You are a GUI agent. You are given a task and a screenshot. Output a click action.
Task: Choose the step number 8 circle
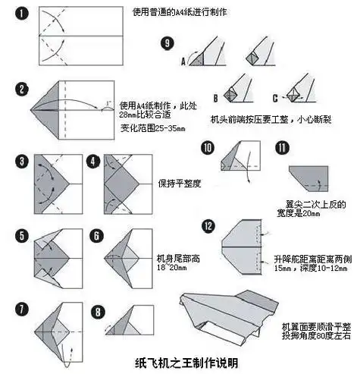(x=97, y=310)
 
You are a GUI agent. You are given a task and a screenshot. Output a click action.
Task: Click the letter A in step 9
(x=183, y=64)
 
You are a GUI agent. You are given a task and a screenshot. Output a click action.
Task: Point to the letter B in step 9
(x=215, y=97)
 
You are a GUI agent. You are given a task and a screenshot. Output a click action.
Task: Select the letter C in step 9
(x=274, y=97)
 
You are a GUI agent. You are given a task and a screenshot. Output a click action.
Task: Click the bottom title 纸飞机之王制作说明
(x=180, y=363)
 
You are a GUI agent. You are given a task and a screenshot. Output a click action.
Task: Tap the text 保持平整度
(x=180, y=184)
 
